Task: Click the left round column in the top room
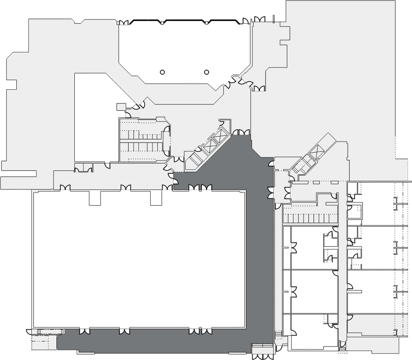pyautogui.click(x=162, y=72)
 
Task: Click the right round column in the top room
pyautogui.click(x=207, y=72)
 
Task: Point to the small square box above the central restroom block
pyautogui.click(x=121, y=107)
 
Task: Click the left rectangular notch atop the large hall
pyautogui.click(x=95, y=198)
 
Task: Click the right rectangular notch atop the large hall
pyautogui.click(x=156, y=198)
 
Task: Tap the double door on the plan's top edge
pyautogui.click(x=259, y=19)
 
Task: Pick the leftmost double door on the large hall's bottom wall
pyautogui.click(x=85, y=331)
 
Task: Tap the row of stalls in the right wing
pyautogui.click(x=310, y=219)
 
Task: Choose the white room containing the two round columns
pyautogui.click(x=183, y=50)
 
